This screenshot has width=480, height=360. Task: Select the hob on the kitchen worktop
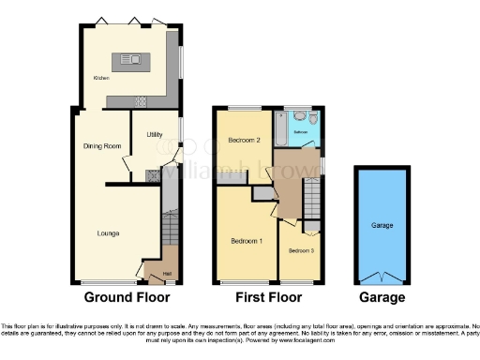click(x=142, y=100)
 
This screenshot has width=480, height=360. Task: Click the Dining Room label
click(x=103, y=146)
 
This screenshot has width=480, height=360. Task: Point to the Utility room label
click(x=155, y=135)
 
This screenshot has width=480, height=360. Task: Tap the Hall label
click(x=166, y=274)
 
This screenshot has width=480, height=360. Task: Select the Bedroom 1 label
click(x=247, y=241)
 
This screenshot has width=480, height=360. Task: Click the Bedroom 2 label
click(x=243, y=140)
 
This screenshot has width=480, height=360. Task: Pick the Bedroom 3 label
click(x=300, y=250)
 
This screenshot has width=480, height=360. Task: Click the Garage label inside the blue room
click(x=382, y=226)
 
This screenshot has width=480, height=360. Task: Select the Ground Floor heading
click(x=127, y=298)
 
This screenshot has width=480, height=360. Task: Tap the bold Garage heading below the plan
click(x=382, y=298)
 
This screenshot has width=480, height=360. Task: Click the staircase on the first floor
click(x=311, y=199)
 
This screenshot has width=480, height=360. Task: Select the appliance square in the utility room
click(x=153, y=173)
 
